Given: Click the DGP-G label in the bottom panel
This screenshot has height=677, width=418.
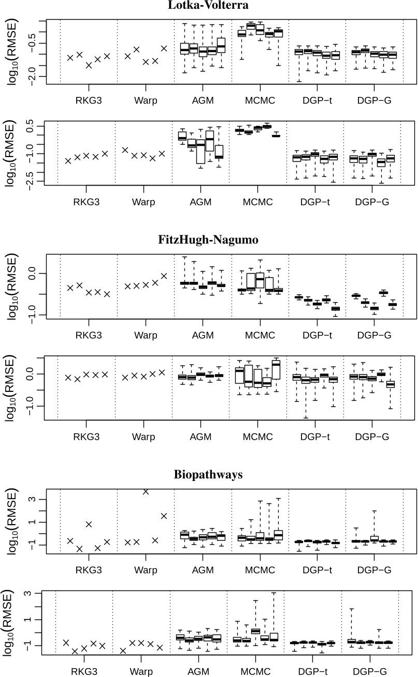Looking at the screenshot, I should pos(372,672).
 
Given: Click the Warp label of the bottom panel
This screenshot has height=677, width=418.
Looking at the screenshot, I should pos(141,672).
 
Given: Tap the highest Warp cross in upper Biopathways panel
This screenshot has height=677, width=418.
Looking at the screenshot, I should pos(146,491).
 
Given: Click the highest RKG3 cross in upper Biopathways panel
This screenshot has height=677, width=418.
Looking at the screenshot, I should pos(89,524).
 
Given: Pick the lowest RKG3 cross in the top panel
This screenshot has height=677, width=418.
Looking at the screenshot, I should pos(89,65).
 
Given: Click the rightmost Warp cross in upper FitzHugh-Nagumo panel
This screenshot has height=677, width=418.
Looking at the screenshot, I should pos(164,276).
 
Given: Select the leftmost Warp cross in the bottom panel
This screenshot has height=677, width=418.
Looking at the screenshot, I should pos(123,651).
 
